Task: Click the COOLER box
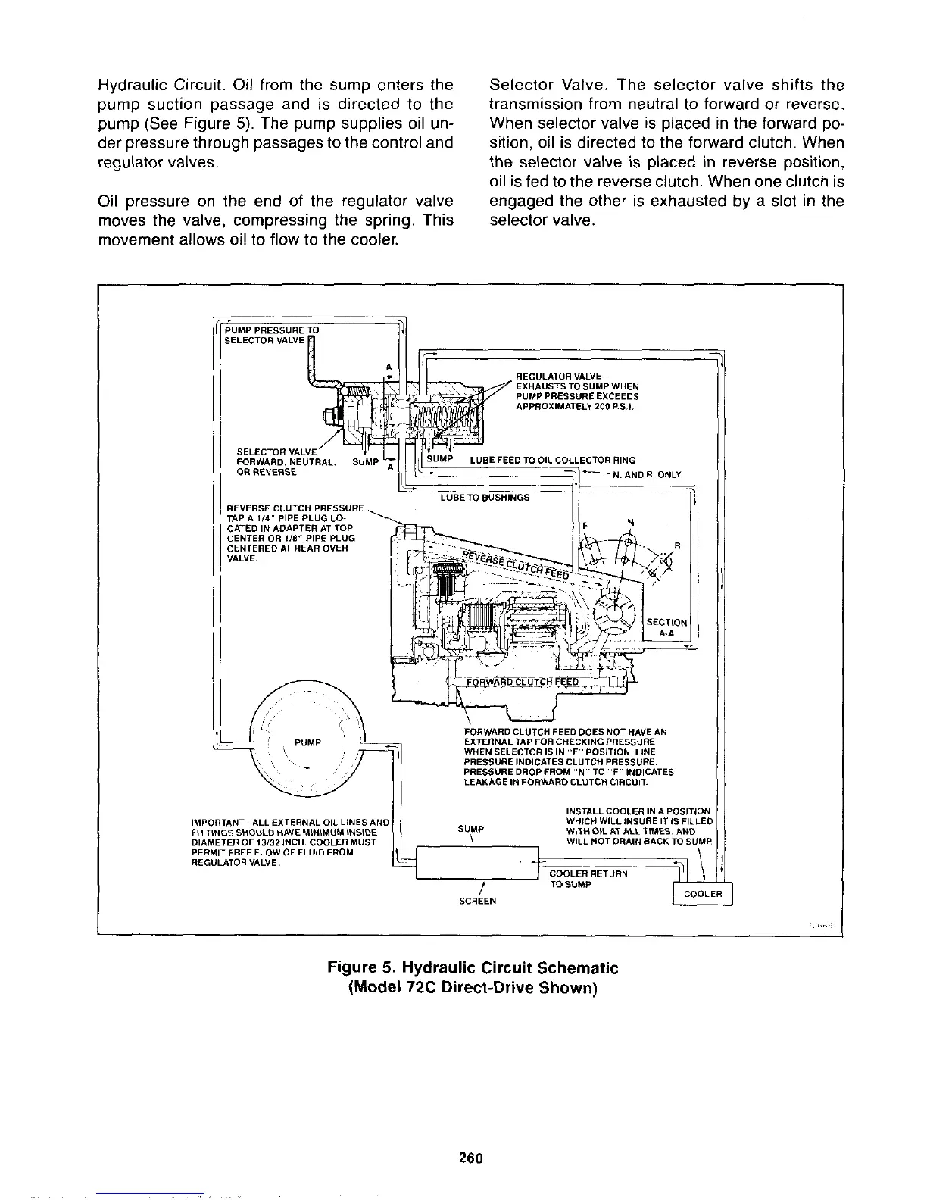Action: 704,894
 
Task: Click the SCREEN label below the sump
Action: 477,901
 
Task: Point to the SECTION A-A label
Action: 667,627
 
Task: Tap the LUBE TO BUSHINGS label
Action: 485,497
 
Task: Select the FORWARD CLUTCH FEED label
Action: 523,680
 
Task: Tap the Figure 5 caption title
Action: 473,968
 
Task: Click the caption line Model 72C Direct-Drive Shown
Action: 473,989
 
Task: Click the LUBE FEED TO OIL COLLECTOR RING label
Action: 553,460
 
